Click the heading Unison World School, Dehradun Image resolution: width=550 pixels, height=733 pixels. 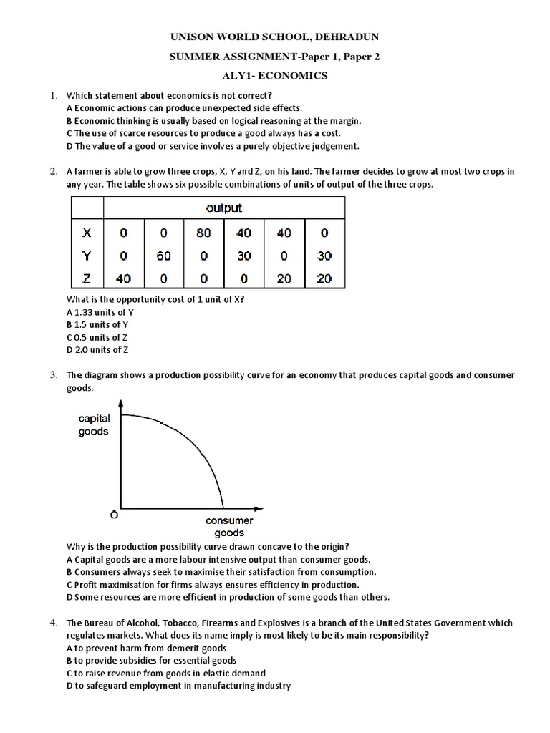click(275, 37)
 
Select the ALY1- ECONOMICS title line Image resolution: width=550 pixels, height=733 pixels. click(275, 77)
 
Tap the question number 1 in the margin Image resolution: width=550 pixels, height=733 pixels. click(53, 95)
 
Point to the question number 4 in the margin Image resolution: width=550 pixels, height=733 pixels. click(53, 623)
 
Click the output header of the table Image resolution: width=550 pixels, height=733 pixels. click(223, 208)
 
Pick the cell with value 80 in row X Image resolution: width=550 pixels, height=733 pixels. click(204, 233)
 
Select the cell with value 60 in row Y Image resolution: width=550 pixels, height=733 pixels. click(164, 256)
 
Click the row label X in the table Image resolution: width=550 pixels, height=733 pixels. click(87, 233)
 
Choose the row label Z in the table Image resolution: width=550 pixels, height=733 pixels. click(87, 278)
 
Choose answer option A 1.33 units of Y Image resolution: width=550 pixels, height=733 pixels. click(100, 312)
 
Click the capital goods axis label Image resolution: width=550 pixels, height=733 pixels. click(94, 424)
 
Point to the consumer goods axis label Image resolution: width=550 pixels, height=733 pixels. click(229, 527)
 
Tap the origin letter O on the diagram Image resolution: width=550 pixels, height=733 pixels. click(113, 515)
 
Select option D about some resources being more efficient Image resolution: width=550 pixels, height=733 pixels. click(227, 597)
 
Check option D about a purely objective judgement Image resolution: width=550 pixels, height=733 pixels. click(212, 146)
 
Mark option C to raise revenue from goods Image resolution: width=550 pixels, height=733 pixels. click(165, 673)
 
